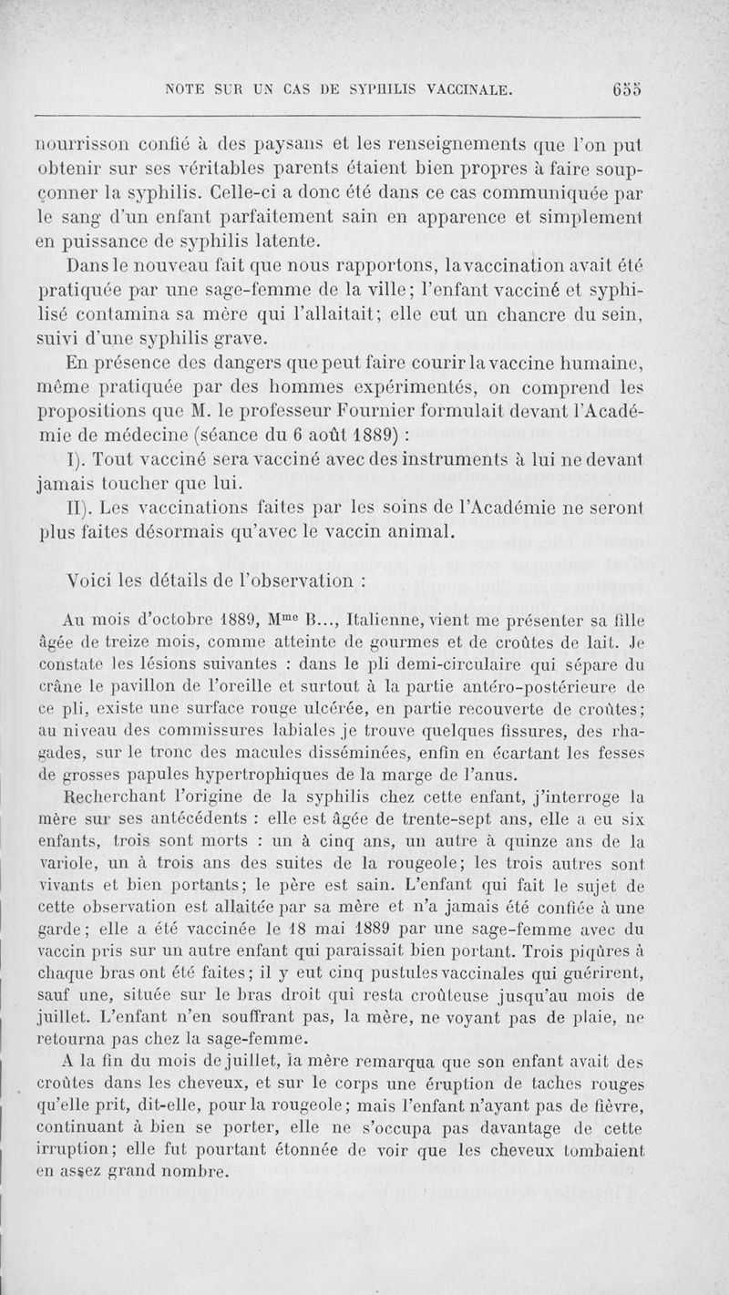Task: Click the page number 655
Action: (628, 89)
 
